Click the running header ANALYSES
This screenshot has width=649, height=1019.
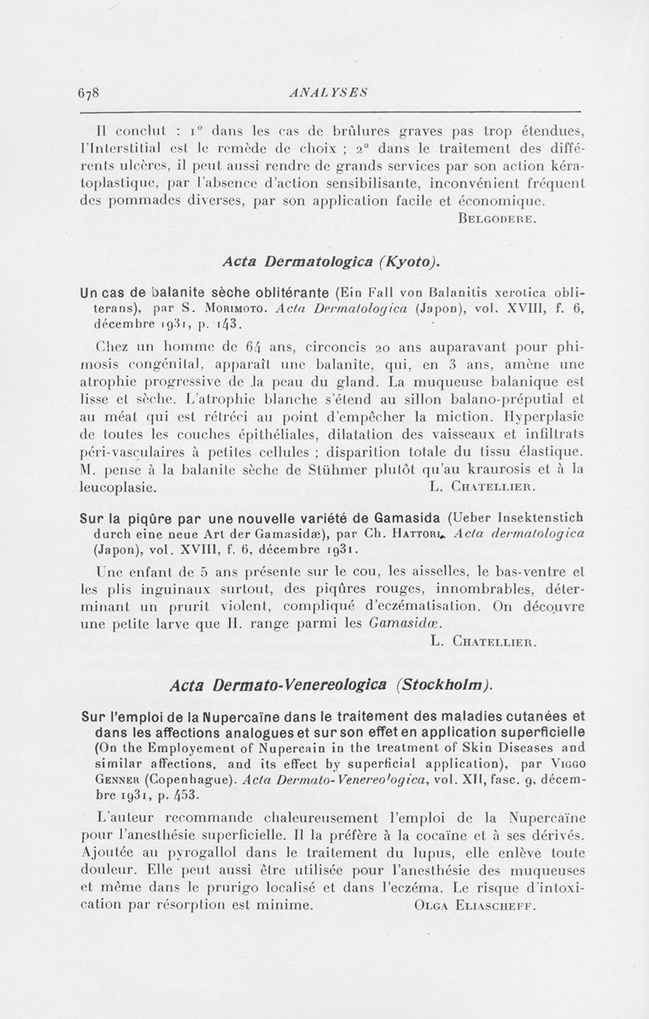pyautogui.click(x=323, y=92)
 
